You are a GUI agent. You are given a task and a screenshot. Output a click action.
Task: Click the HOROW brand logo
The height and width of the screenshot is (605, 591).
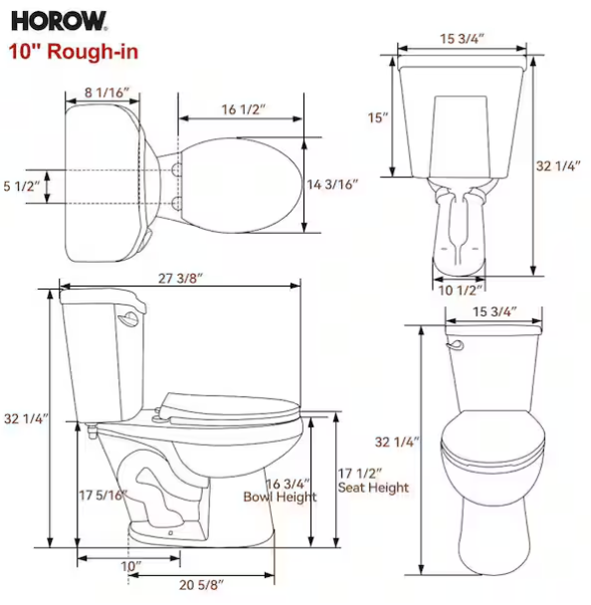59,21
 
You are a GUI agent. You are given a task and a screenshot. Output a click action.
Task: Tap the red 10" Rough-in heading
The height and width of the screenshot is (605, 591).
74,52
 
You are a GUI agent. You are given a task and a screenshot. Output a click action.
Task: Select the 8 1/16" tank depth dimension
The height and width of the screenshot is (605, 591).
106,93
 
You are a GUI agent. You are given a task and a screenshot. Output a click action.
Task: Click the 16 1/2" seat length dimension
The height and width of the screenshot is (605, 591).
244,109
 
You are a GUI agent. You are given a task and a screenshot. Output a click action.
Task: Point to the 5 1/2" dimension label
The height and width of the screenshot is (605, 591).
22,186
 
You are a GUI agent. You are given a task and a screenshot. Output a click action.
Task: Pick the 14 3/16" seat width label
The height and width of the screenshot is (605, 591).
332,184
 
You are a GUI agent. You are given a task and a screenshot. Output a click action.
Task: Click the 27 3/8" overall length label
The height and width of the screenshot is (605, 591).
180,279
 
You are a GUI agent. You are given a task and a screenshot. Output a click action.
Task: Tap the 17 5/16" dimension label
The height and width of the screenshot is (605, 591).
103,495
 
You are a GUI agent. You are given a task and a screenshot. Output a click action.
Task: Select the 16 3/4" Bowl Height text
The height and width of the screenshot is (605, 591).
280,490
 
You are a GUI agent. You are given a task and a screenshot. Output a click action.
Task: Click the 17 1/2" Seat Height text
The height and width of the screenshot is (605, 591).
373,481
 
